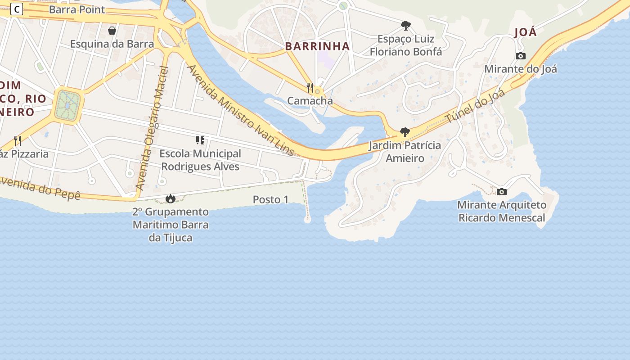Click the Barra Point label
77,9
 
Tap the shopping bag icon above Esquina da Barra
112,31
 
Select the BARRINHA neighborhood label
317,46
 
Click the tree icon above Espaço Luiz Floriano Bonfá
406,25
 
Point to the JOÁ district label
526,32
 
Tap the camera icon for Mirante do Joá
521,56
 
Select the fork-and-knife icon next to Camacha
310,87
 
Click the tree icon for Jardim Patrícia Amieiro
405,132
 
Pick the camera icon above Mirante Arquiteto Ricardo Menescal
502,192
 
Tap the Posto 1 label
270,199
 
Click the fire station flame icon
171,198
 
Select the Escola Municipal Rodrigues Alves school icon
200,140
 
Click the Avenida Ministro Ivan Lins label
240,110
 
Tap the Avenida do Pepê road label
40,188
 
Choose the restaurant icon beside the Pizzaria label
18,141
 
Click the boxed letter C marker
17,9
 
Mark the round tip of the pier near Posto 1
307,220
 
